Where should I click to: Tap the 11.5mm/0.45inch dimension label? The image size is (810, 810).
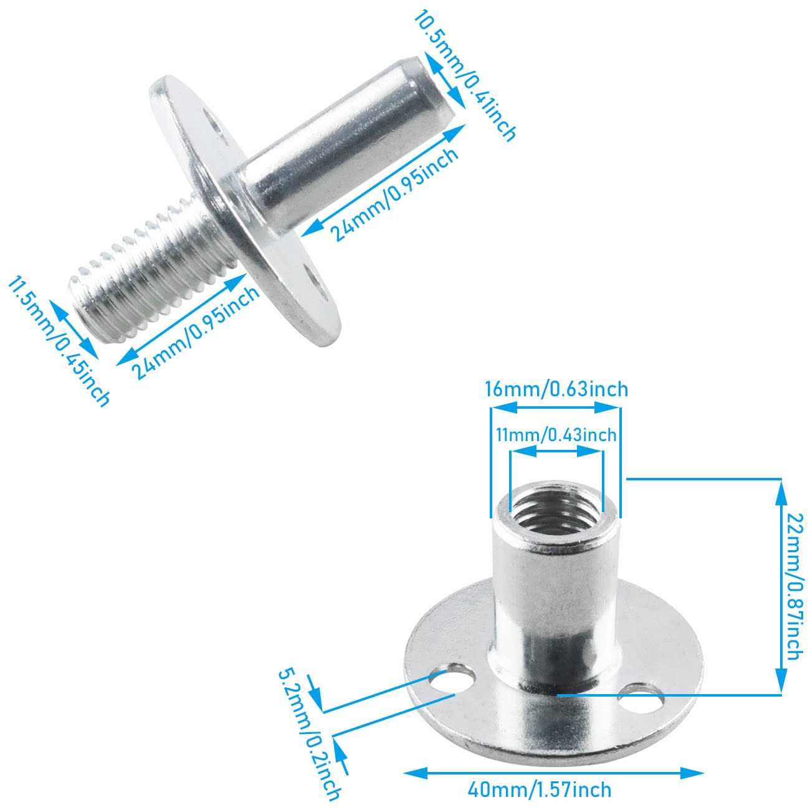click(59, 342)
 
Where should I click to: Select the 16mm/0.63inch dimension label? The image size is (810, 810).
click(556, 389)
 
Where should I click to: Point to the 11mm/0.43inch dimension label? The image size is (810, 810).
click(556, 434)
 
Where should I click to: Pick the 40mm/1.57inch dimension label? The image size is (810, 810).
click(540, 790)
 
